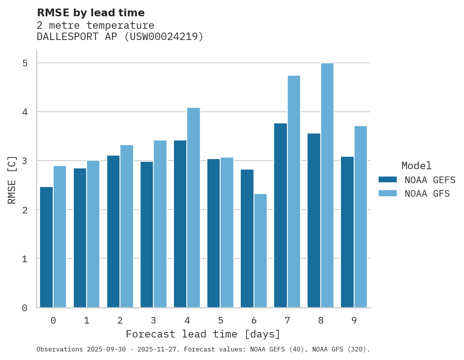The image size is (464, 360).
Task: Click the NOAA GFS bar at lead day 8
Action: click(327, 185)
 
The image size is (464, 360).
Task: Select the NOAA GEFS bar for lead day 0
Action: click(46, 247)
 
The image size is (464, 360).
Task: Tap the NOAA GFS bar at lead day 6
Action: click(261, 251)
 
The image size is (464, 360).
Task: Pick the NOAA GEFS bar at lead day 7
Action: click(280, 215)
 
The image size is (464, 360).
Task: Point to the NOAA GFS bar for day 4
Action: click(194, 208)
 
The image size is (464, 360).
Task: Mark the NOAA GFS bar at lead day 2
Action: click(127, 226)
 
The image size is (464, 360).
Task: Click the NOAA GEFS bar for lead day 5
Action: click(214, 233)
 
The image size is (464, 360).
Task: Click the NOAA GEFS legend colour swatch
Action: click(388, 180)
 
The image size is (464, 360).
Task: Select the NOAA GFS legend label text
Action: click(427, 194)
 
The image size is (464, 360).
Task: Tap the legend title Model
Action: click(416, 166)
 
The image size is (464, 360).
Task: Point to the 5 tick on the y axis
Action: click(24, 63)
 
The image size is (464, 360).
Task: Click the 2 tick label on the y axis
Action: click(24, 210)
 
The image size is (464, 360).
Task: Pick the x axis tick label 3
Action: click(153, 320)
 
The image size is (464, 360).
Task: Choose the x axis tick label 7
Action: click(287, 320)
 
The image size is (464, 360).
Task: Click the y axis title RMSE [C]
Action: click(12, 180)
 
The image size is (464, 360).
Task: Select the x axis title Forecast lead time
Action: click(203, 334)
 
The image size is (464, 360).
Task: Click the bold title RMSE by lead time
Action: click(90, 13)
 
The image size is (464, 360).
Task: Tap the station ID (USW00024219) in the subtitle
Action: click(163, 37)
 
